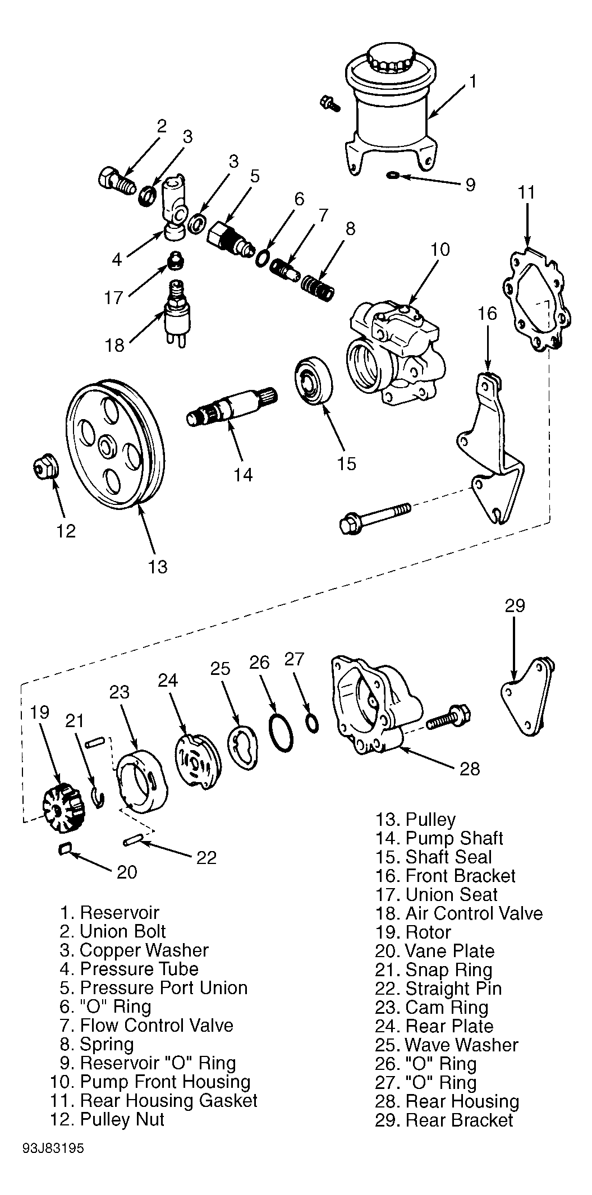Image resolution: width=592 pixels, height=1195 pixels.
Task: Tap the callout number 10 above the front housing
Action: [x=440, y=250]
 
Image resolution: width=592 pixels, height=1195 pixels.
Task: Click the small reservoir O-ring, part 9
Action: [x=393, y=177]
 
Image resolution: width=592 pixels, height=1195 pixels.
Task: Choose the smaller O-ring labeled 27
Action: [x=313, y=724]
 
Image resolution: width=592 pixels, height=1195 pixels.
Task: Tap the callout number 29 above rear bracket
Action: [x=515, y=605]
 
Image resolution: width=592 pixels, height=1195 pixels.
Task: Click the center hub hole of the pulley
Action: [x=105, y=447]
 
